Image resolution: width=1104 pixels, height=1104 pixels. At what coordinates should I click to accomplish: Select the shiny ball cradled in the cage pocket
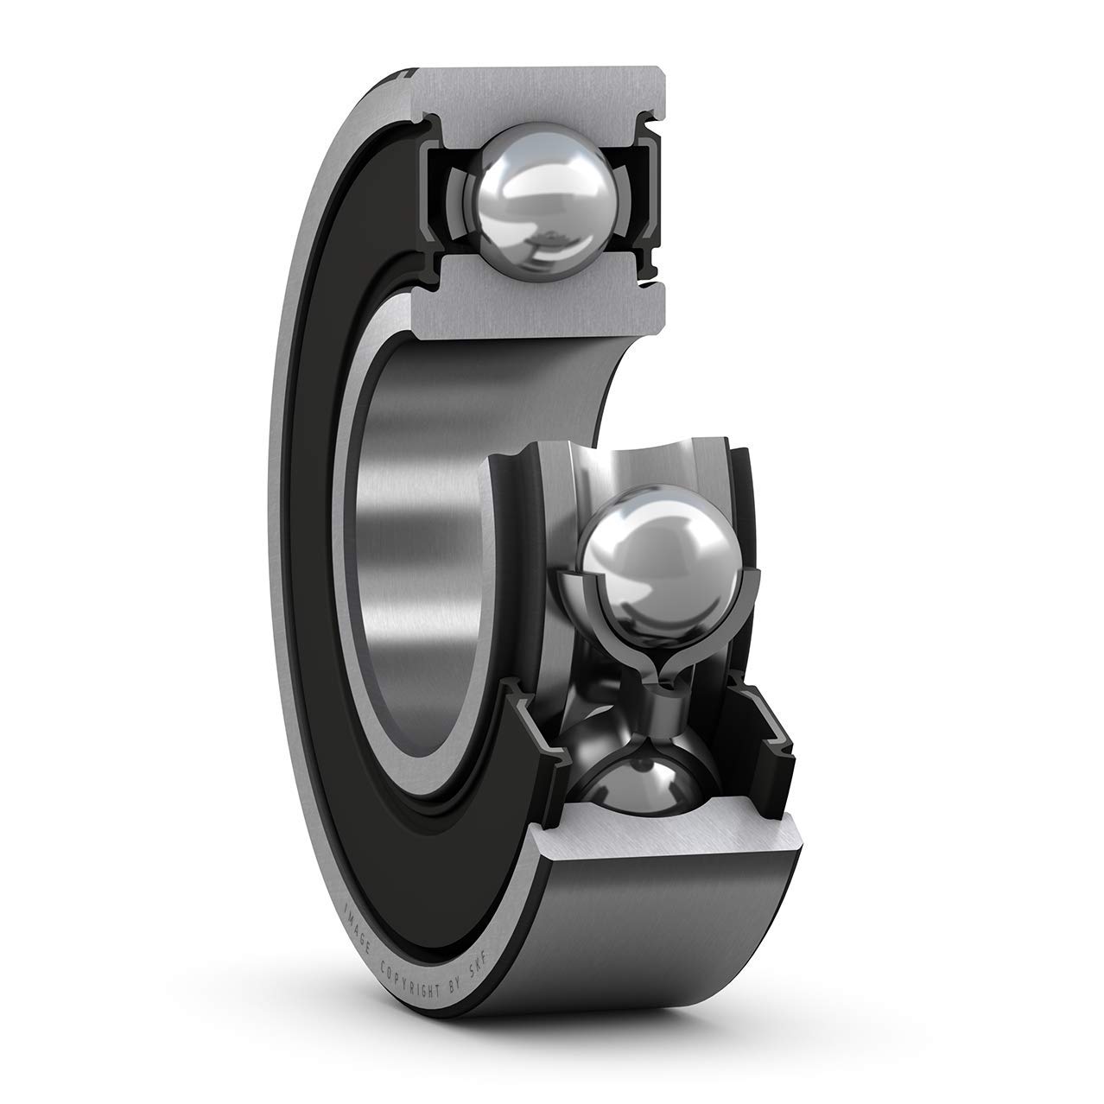(638, 566)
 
